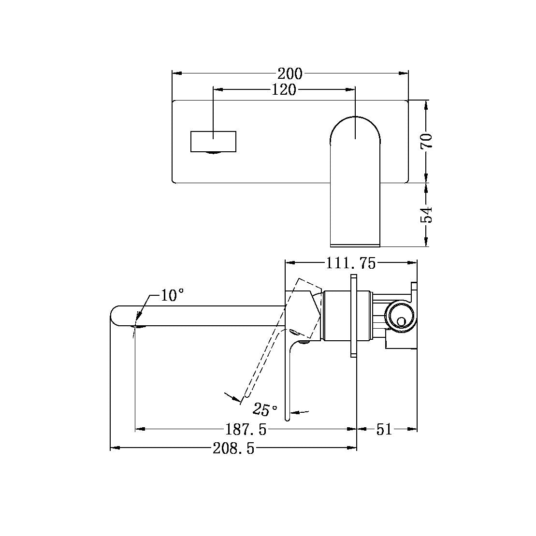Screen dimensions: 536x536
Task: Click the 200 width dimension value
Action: (290, 73)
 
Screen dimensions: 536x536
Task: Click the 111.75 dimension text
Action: (350, 263)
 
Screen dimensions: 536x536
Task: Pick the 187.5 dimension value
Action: (246, 429)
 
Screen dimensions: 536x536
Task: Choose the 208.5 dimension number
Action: (233, 449)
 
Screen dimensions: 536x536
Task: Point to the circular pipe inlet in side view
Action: (399, 318)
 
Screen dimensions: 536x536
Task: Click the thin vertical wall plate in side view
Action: (352, 316)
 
